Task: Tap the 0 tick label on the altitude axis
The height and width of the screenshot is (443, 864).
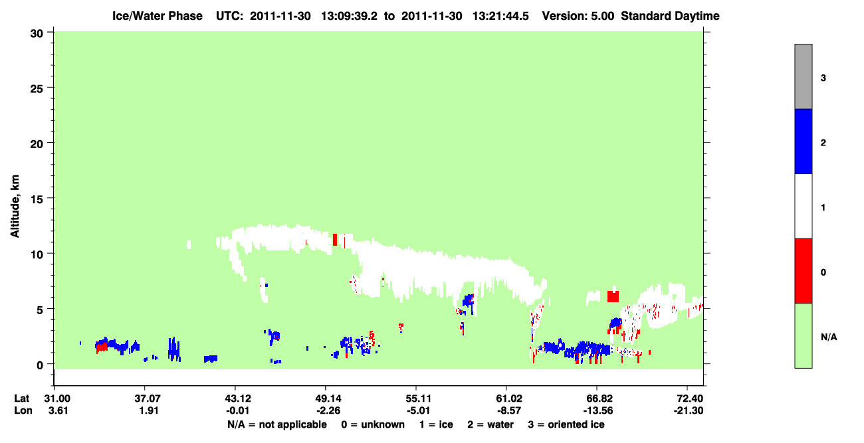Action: point(40,365)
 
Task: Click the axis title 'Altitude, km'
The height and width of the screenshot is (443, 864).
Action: point(15,206)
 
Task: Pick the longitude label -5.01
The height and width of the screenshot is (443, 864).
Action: point(418,410)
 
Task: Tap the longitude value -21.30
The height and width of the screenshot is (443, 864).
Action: point(689,410)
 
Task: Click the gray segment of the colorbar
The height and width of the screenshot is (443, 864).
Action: point(804,76)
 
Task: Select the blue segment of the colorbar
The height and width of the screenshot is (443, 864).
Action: point(804,141)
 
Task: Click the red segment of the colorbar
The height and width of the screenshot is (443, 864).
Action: point(804,271)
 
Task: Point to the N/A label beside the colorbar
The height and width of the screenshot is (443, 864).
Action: point(829,337)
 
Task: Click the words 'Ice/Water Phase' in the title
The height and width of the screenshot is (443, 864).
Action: point(158,16)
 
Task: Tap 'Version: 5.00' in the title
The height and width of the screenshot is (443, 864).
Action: point(578,16)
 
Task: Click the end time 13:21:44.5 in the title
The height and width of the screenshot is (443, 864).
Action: point(500,16)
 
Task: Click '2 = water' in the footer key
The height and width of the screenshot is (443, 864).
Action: point(490,424)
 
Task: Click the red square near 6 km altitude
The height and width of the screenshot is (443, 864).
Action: point(613,296)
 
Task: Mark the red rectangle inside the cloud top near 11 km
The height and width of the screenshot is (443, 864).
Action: point(335,239)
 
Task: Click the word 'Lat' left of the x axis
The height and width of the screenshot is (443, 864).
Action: point(21,399)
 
